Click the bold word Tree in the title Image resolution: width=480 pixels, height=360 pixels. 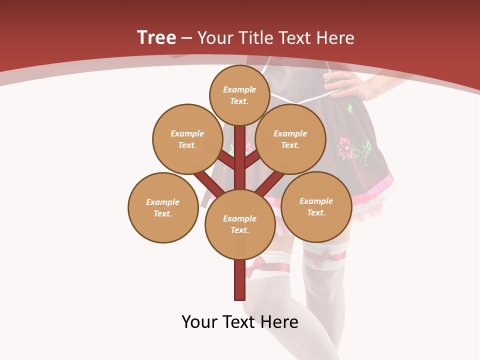156,37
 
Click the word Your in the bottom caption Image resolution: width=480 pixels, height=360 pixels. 200,321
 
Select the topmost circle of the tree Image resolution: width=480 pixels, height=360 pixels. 239,95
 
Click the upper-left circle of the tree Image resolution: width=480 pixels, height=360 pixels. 187,139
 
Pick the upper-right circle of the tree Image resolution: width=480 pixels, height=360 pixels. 290,139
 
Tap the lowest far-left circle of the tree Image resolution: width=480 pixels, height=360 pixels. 162,207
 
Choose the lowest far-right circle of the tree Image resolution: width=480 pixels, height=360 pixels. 316,206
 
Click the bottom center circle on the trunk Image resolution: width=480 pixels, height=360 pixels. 239,224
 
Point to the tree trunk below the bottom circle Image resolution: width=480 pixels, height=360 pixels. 239,280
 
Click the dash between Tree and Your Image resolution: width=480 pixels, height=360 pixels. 187,38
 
